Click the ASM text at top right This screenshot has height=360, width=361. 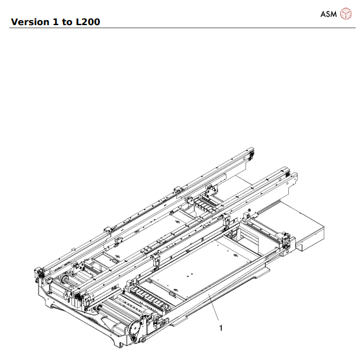pos(328,14)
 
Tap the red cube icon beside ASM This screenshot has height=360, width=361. pos(346,14)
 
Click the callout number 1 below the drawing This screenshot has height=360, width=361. pos(221,328)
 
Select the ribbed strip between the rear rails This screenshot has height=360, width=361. pos(205,205)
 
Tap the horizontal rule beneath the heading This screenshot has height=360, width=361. pos(180,28)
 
